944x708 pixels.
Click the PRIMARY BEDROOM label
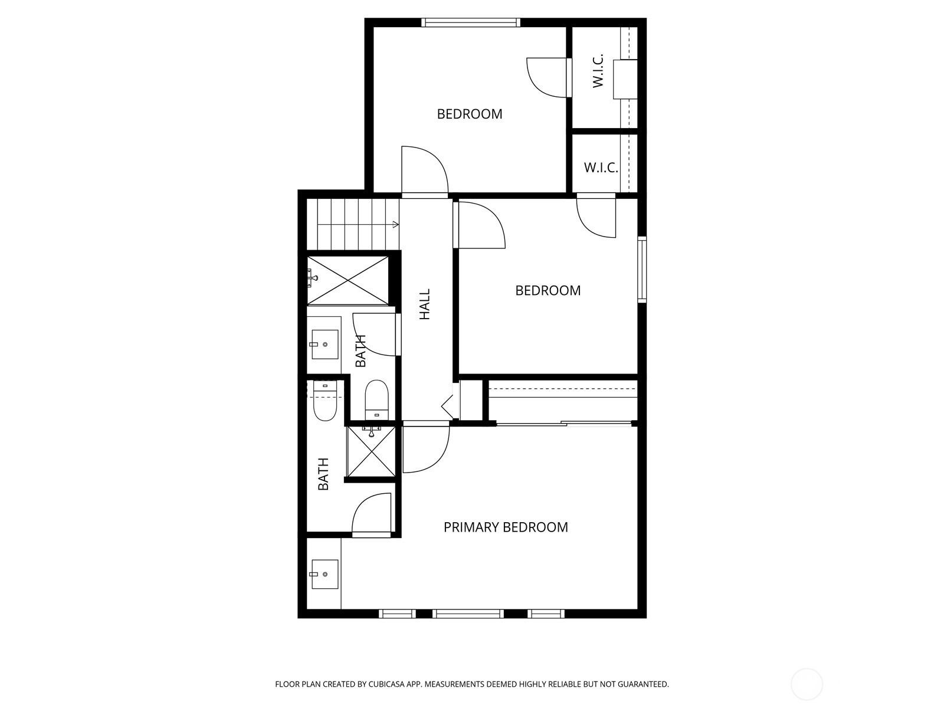tap(505, 527)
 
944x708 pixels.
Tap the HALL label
tap(425, 304)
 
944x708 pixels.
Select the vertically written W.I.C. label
tap(598, 71)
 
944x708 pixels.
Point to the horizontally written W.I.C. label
tap(601, 167)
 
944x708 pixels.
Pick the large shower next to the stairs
tap(348, 281)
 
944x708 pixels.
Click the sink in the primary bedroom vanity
tap(324, 574)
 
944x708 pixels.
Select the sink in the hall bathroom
tap(324, 345)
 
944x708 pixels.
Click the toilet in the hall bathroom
tap(377, 400)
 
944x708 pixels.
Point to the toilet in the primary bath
tap(324, 402)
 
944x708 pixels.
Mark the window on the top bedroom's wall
tap(470, 22)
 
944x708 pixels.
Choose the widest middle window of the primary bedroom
tap(468, 614)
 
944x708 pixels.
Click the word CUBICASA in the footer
tap(386, 684)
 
